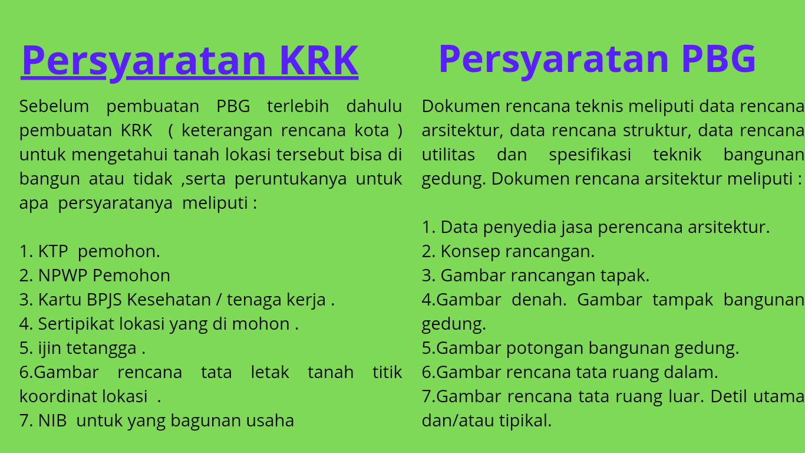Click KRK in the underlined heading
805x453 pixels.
[x=319, y=60]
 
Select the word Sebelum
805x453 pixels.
[x=54, y=106]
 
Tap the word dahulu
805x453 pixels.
[x=374, y=106]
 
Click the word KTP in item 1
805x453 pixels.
[x=53, y=251]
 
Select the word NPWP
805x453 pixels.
[x=63, y=275]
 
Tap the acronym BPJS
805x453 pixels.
[x=104, y=300]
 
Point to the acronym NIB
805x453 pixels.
[x=52, y=420]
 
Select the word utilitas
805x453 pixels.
[x=448, y=155]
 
